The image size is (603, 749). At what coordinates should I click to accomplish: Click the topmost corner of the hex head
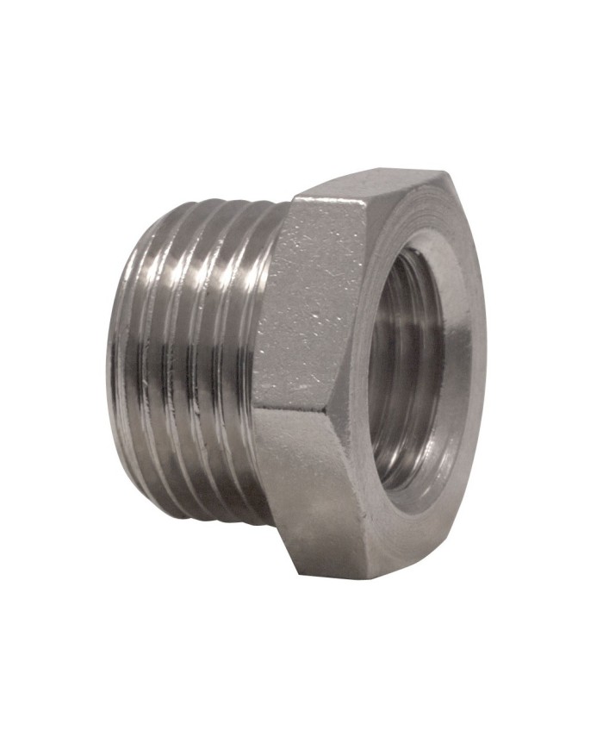coord(444,172)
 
